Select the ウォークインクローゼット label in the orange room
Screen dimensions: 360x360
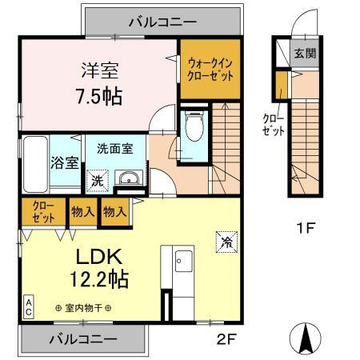210,70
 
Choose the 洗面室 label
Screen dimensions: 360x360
110,148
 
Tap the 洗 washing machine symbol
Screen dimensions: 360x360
96,180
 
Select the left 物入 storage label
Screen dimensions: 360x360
83,212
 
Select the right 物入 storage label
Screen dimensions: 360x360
114,212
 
